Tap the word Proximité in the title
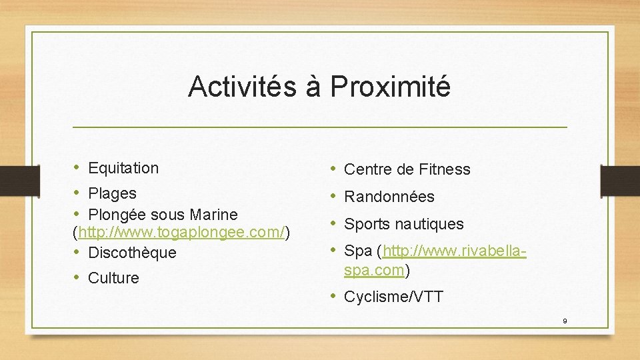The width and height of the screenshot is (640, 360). click(x=390, y=87)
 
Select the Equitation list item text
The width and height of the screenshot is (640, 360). click(x=123, y=168)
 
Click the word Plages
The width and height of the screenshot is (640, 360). click(x=112, y=193)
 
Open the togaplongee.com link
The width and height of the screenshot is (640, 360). click(x=182, y=233)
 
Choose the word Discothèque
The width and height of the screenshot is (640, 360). click(x=132, y=253)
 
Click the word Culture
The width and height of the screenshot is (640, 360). click(x=113, y=278)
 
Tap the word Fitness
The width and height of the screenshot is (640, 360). click(x=445, y=169)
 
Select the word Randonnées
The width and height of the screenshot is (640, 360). click(x=389, y=197)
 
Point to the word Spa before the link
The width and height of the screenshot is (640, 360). click(x=357, y=252)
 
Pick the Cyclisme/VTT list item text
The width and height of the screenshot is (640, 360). click(x=393, y=297)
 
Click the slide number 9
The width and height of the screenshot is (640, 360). click(x=565, y=321)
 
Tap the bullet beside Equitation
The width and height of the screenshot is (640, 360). click(x=77, y=167)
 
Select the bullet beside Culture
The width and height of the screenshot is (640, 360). click(x=77, y=277)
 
